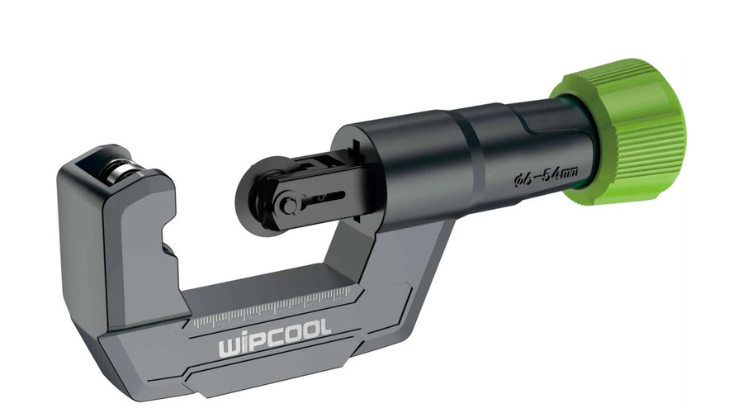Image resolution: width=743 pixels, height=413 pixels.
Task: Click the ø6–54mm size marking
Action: (545, 175)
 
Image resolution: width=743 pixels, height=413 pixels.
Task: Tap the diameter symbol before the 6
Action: (518, 179)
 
